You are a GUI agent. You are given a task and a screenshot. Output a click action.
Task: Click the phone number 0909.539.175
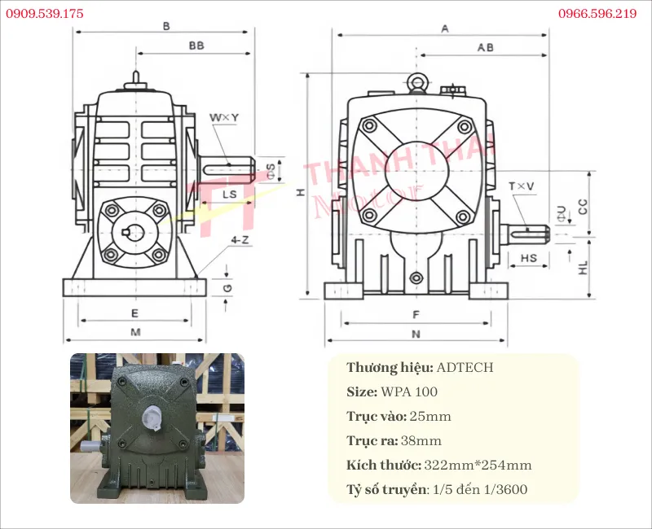(x=45, y=14)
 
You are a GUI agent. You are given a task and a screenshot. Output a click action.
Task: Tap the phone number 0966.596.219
(x=597, y=14)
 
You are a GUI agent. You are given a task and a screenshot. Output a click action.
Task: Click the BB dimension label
(x=196, y=46)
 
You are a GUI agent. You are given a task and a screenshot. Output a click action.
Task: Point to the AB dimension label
(x=485, y=48)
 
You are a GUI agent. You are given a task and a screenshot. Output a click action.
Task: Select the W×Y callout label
(x=224, y=117)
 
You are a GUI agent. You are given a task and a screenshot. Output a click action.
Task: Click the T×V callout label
(x=522, y=186)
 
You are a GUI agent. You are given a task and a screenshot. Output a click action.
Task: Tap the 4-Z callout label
(x=240, y=240)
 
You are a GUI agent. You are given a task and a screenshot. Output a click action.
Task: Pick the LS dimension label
(x=230, y=195)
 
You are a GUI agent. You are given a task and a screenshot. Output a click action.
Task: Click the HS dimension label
(x=528, y=258)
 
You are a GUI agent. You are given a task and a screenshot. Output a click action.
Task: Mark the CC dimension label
(x=583, y=207)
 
